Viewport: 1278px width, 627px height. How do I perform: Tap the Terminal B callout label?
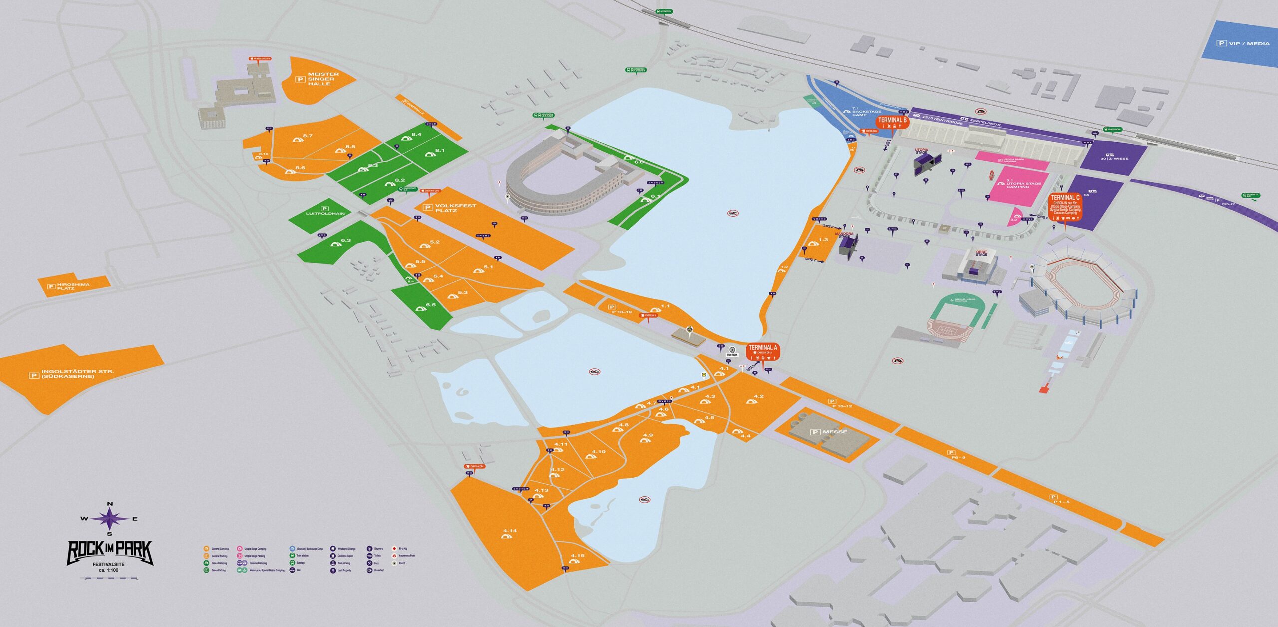892,122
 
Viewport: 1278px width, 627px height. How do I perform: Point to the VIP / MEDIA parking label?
1242,43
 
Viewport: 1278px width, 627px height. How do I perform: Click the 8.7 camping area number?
308,136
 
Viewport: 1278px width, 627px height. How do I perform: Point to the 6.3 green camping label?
346,240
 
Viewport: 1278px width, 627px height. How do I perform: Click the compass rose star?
109,518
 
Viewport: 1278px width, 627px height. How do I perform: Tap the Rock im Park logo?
110,552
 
